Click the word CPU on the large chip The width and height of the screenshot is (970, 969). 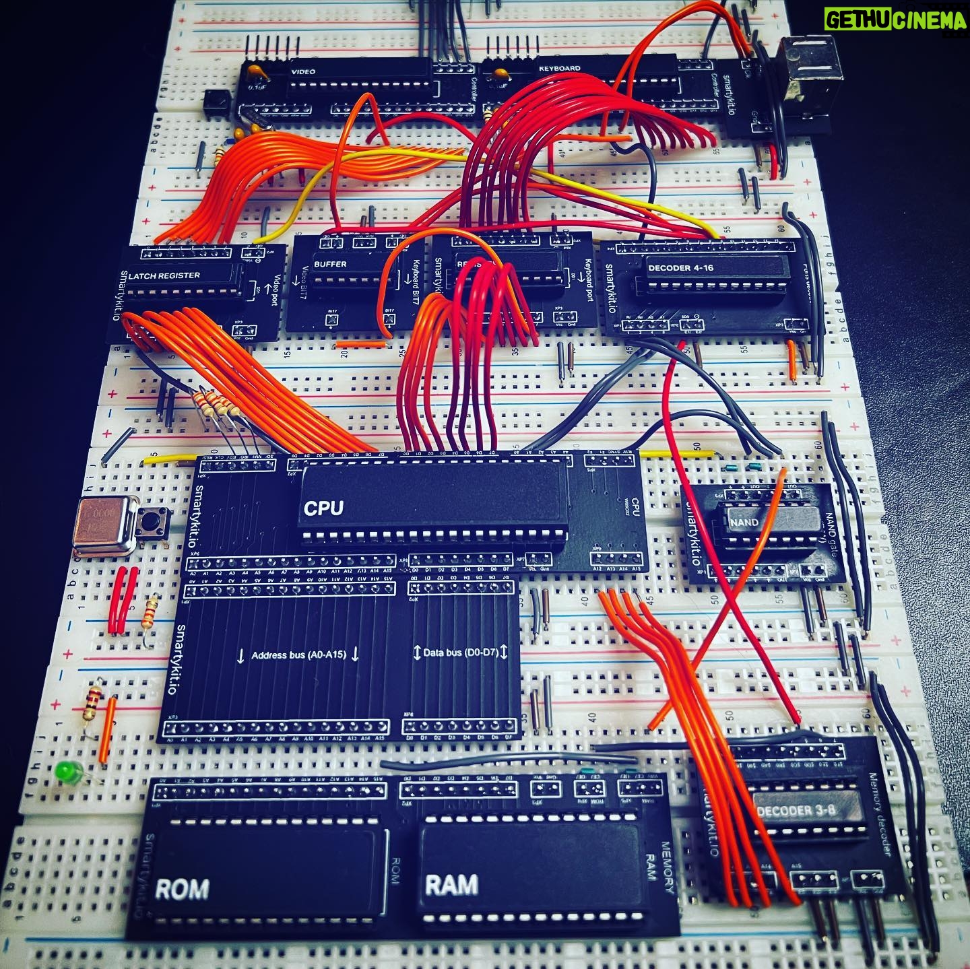click(323, 508)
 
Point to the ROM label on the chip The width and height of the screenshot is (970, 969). click(181, 889)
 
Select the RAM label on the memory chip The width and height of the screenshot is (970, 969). click(451, 884)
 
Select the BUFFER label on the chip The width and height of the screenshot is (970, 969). click(330, 263)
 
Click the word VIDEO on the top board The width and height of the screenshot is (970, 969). click(303, 71)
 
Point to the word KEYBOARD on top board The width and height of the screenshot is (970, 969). click(559, 69)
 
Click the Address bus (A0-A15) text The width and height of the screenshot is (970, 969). click(298, 654)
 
